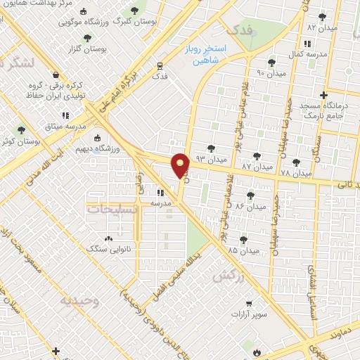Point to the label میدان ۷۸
pyautogui.click(x=295, y=172)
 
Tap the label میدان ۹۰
pyautogui.click(x=271, y=73)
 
